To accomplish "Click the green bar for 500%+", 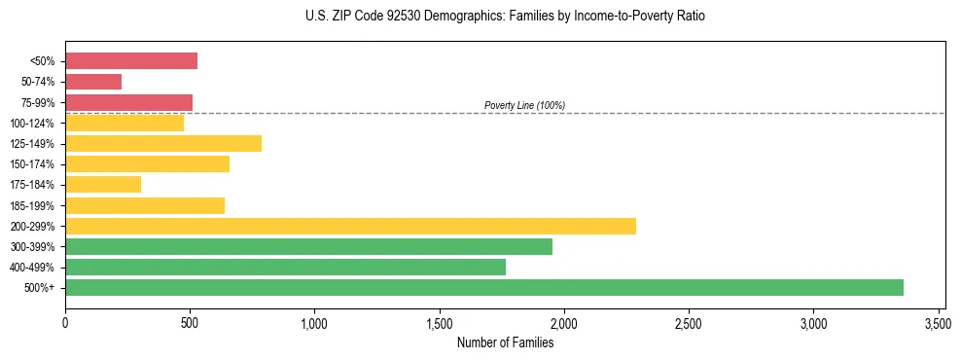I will coord(483,287).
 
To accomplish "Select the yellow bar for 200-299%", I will coord(350,226).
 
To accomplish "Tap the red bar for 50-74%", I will coord(93,82).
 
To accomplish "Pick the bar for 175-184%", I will coord(103,184).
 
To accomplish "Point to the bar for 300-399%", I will coord(308,246).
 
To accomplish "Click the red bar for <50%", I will coord(131,61).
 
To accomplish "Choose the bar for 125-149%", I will coord(163,143).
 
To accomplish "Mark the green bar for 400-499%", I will coord(285,267).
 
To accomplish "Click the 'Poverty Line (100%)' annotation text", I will coord(524,105).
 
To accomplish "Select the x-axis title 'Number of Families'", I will coord(505,342).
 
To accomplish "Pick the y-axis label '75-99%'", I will coord(38,102).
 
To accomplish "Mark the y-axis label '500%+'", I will coord(40,288).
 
